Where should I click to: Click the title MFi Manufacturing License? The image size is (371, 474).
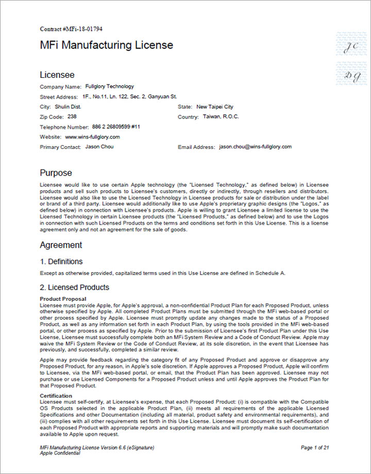(107, 45)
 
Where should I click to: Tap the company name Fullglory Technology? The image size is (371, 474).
(110, 87)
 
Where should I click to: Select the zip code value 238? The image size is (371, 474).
(72, 116)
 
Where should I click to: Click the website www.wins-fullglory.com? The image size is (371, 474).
(93, 137)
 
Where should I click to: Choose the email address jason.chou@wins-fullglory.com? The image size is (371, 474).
(255, 147)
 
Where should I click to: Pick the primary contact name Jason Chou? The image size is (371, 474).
(99, 147)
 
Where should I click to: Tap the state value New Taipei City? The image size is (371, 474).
(215, 107)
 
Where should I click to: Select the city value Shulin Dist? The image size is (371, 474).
(68, 107)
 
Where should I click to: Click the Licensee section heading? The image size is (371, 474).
(57, 75)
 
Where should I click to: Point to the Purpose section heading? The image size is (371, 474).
(56, 173)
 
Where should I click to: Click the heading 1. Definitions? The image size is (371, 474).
(61, 261)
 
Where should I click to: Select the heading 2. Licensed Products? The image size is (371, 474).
(75, 287)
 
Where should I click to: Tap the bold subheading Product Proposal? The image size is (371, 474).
(63, 299)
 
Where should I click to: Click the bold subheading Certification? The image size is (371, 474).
(56, 395)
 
